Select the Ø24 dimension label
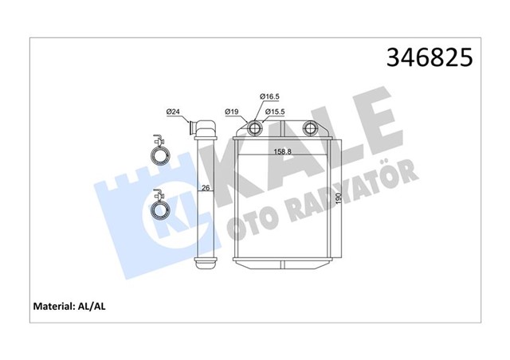pos(171,112)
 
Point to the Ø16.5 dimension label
pos(269,96)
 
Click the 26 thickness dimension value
pos(206,189)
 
